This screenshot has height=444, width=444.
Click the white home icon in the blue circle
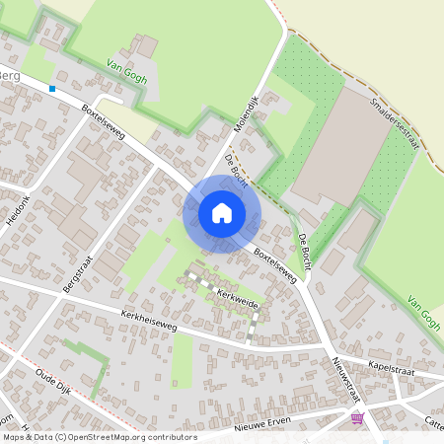pos(222,212)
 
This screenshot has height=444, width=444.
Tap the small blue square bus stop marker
pos(52,89)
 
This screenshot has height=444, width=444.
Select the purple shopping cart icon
pos(356,418)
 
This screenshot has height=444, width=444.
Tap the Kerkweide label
pos(237,299)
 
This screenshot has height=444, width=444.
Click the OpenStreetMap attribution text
pos(99,437)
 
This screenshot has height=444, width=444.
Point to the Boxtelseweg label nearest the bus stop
pos(103,121)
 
